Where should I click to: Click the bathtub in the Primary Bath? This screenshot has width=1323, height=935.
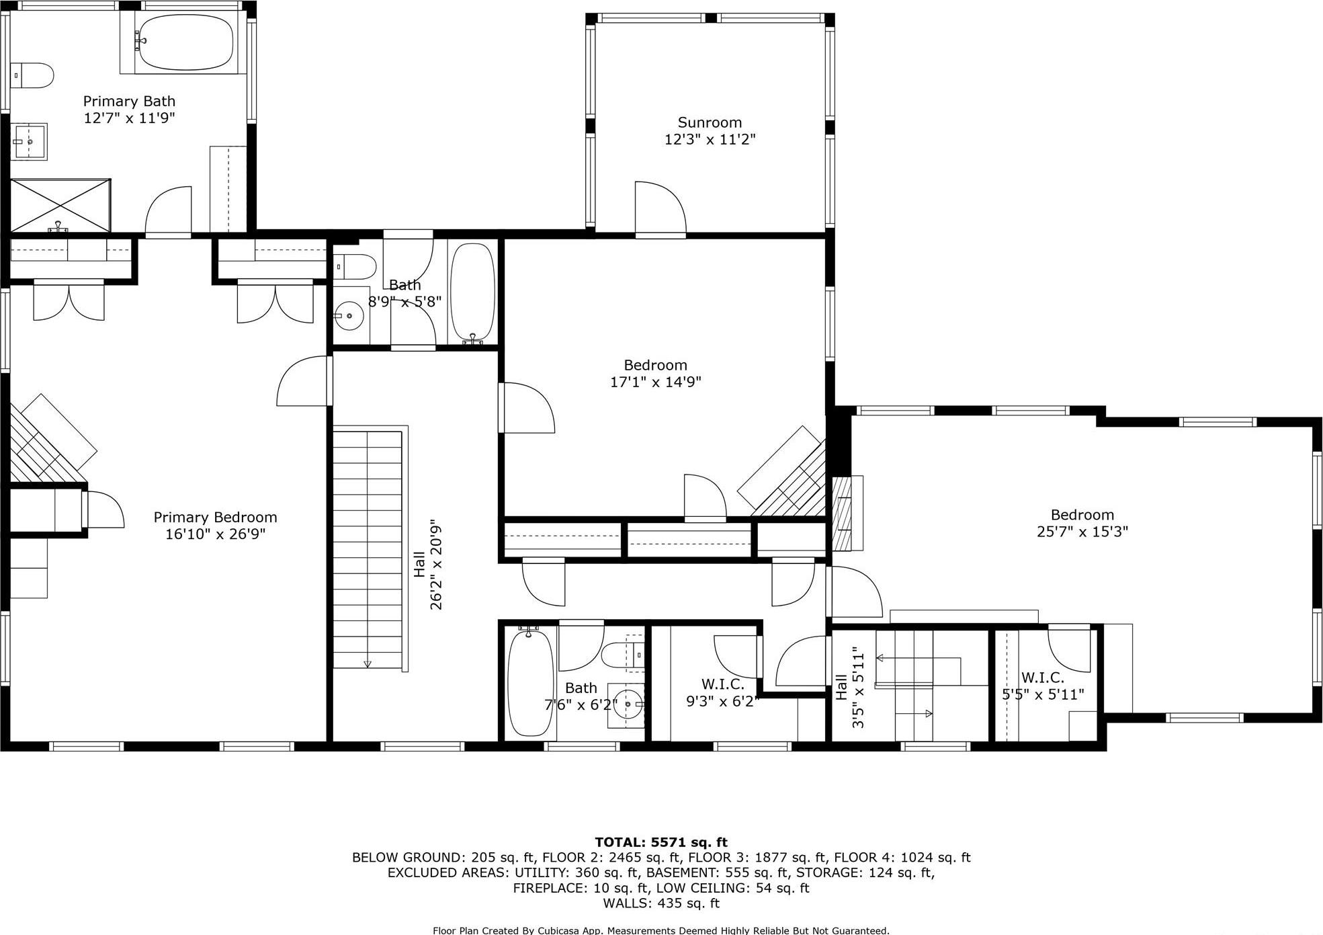(185, 42)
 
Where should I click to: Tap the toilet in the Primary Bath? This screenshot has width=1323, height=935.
(34, 75)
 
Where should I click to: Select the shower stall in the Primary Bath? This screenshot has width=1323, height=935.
(60, 205)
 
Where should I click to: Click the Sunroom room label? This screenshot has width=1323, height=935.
(710, 122)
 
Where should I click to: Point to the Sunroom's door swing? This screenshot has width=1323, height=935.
(660, 208)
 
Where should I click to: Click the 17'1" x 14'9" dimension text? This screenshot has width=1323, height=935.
(655, 382)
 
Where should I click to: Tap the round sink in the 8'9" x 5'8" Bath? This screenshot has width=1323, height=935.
(349, 316)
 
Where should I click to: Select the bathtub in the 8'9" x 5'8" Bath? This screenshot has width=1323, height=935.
(472, 294)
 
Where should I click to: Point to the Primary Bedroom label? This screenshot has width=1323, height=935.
(215, 517)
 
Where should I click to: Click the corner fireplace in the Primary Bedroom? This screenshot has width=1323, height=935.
(50, 440)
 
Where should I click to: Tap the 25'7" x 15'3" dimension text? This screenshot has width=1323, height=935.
(1082, 532)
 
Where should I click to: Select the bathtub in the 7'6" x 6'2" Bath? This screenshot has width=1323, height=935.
(530, 683)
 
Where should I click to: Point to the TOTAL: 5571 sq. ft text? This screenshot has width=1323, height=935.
(660, 842)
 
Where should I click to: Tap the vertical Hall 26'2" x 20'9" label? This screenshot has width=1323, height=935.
(428, 564)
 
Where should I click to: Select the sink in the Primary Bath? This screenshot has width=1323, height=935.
(30, 142)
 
